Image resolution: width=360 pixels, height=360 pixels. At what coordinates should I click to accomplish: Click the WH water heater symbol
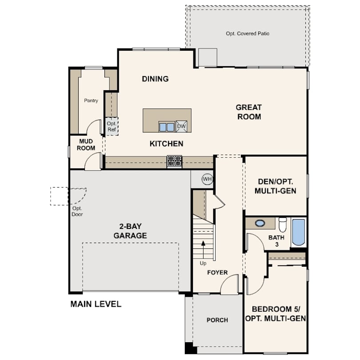tap(207, 179)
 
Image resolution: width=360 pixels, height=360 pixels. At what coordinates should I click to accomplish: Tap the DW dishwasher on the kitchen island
tap(181, 127)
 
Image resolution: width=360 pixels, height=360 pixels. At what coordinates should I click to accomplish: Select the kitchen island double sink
tap(167, 127)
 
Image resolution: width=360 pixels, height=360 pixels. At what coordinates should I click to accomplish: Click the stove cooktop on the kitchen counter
tap(175, 161)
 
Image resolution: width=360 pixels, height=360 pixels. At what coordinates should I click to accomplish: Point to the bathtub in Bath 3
tap(299, 232)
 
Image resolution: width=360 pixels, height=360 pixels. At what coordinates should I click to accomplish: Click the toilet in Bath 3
tap(283, 225)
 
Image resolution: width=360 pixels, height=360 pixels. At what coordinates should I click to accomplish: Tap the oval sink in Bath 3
tap(260, 223)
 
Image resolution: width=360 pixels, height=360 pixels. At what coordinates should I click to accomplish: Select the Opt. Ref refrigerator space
tap(112, 126)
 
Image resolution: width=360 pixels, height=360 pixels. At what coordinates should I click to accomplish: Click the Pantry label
tap(91, 100)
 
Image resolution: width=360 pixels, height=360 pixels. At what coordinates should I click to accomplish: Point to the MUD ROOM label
tap(86, 144)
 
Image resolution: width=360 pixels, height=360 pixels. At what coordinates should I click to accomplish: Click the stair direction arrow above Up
tap(203, 250)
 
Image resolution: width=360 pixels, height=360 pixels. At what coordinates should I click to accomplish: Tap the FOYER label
tap(217, 272)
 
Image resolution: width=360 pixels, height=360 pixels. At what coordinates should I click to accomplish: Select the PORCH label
tap(217, 320)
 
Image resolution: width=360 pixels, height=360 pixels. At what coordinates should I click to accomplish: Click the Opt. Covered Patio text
tap(248, 33)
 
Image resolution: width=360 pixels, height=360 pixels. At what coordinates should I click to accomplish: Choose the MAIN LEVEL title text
tap(96, 304)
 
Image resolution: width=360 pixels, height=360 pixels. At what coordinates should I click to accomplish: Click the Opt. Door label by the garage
tap(77, 212)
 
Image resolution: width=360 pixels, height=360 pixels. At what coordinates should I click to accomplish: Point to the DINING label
tap(155, 79)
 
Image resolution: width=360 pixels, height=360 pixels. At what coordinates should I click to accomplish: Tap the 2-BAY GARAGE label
tap(130, 231)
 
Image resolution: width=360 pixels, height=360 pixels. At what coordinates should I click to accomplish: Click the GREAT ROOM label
tap(249, 112)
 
